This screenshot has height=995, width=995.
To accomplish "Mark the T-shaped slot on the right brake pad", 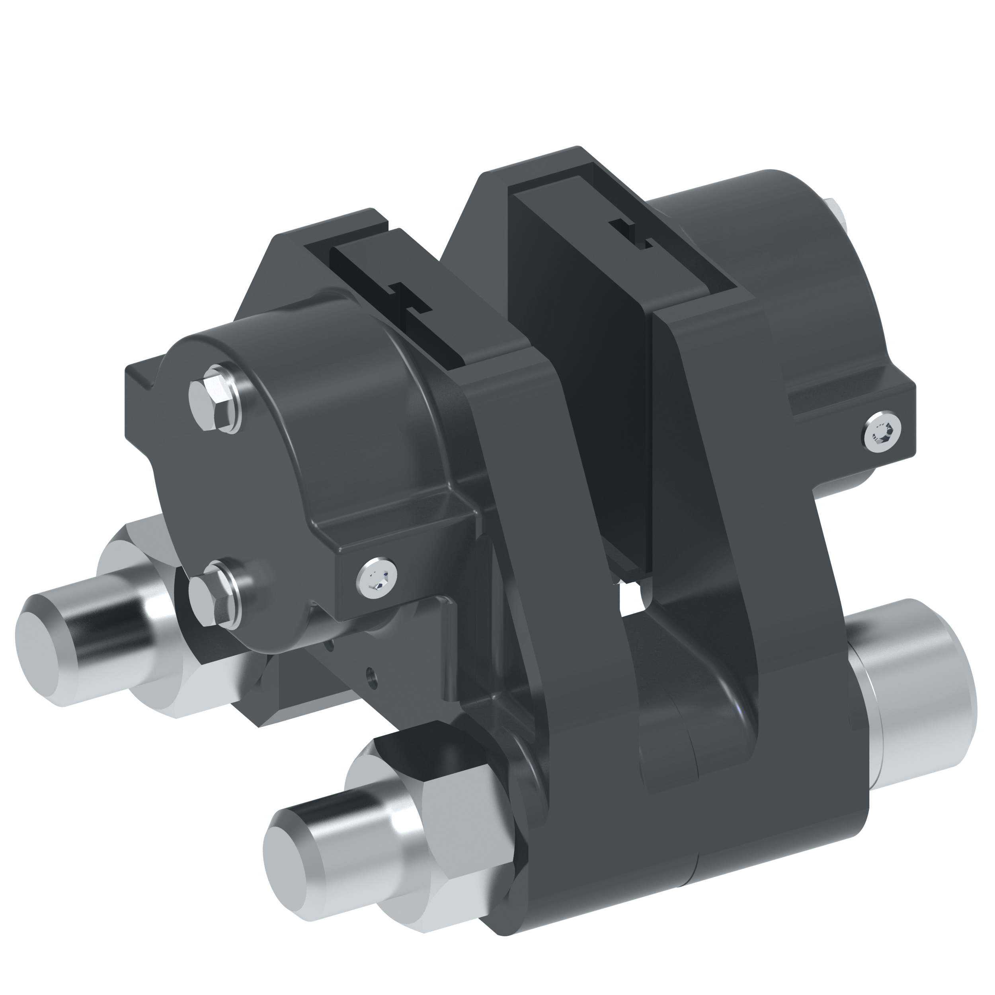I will click(x=634, y=234).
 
